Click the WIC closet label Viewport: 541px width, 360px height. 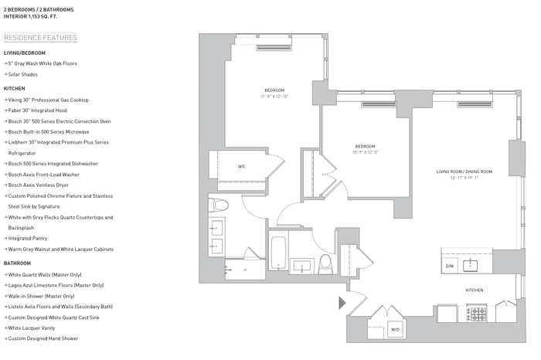(x=241, y=167)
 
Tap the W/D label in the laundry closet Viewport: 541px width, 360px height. (x=396, y=329)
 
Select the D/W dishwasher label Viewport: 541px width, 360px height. (x=450, y=267)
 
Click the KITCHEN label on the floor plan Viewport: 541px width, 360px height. (x=475, y=290)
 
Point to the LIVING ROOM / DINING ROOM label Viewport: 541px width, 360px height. (x=464, y=172)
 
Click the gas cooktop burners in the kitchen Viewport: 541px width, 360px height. (x=477, y=314)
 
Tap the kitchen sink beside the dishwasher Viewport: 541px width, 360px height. (x=470, y=266)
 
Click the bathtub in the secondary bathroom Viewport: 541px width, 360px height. (x=278, y=253)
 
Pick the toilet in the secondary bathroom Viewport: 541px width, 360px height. (x=325, y=265)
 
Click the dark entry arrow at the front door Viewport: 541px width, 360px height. (x=342, y=303)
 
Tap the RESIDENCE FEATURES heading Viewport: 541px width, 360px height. (x=41, y=38)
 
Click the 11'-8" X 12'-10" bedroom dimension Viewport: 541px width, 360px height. (x=274, y=97)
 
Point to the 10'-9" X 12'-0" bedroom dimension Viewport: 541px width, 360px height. (x=365, y=152)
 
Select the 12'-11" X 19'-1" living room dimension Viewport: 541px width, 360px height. (x=464, y=178)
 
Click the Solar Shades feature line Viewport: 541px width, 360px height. (x=21, y=74)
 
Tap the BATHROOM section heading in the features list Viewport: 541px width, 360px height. (x=17, y=263)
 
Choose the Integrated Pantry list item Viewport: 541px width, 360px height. (x=26, y=238)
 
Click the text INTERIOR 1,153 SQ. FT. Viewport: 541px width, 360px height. (x=30, y=16)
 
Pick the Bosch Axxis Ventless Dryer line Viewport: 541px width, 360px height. (x=36, y=185)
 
